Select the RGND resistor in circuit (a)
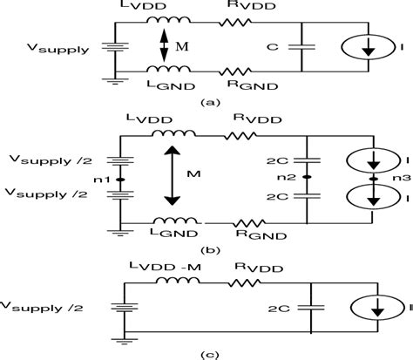236,70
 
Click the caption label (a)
206,101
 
